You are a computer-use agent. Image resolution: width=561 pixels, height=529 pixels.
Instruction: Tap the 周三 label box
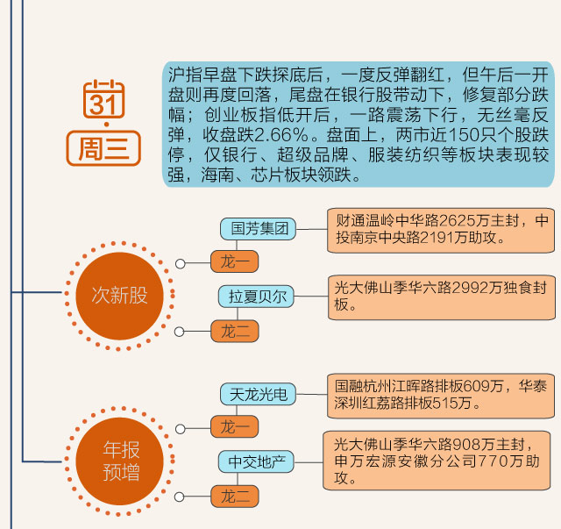pos(103,147)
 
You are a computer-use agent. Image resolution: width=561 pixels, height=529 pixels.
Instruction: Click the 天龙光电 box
pos(259,394)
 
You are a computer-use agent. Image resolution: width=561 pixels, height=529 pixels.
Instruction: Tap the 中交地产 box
pos(257,461)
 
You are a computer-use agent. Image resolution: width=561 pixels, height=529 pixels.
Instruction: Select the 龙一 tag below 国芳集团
pos(234,261)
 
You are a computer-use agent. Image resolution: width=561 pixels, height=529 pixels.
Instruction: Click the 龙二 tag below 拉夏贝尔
pos(234,331)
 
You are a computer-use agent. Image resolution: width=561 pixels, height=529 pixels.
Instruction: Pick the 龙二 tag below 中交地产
pos(234,497)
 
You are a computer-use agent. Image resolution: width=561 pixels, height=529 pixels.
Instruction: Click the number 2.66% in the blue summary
pos(275,136)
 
